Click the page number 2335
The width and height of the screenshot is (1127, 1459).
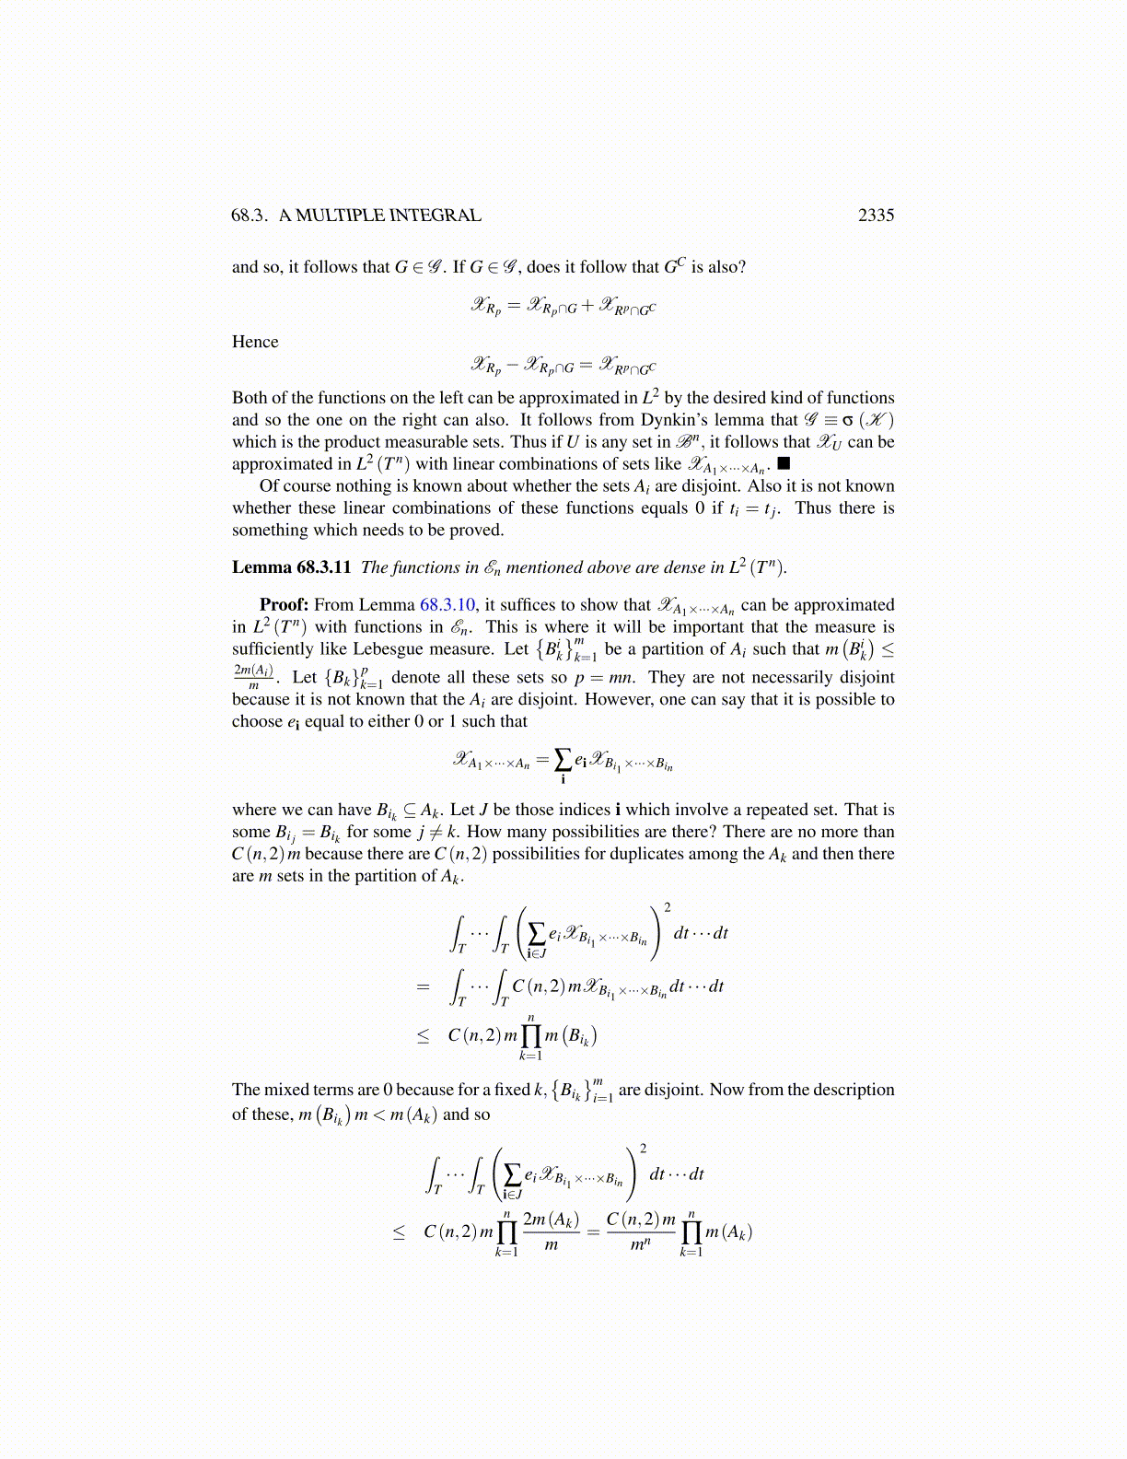coord(876,215)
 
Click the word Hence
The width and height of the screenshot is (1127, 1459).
coord(255,342)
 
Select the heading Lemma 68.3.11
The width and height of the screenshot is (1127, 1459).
coord(291,567)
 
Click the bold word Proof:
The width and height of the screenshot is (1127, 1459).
coord(284,604)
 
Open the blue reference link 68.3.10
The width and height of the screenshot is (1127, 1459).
coord(447,604)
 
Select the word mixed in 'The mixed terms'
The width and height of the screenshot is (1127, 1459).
coord(286,1090)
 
